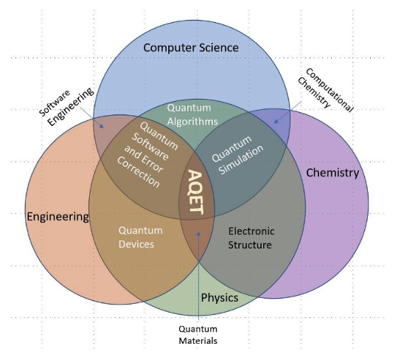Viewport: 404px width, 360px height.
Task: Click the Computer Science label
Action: coord(191,48)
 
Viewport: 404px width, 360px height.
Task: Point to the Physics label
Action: coord(220,298)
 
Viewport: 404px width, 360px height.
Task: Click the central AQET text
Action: coord(195,193)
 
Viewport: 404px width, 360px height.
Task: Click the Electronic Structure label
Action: coord(250,237)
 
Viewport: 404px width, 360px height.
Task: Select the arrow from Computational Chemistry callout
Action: coord(288,111)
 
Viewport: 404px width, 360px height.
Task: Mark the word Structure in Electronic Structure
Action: coord(250,244)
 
